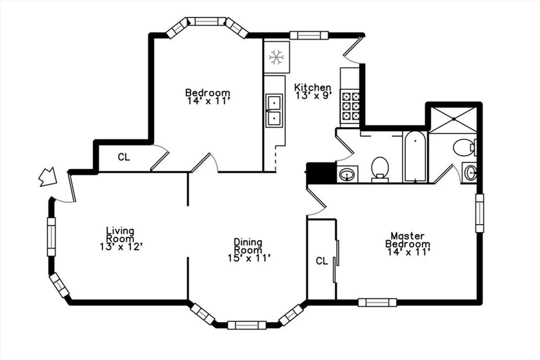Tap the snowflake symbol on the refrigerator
[x=276, y=57]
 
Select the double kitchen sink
[x=274, y=111]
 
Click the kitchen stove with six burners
[x=350, y=106]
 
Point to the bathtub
[x=415, y=156]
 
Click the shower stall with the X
[x=454, y=120]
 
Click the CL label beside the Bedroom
[x=124, y=157]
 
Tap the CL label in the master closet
[x=322, y=261]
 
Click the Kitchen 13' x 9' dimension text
[x=314, y=96]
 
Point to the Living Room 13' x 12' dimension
[x=121, y=247]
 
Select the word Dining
[x=248, y=242]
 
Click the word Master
[x=408, y=235]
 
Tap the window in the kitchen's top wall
[x=309, y=35]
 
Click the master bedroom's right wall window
[x=480, y=213]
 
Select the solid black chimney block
[x=321, y=173]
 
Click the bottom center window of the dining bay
[x=247, y=325]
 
